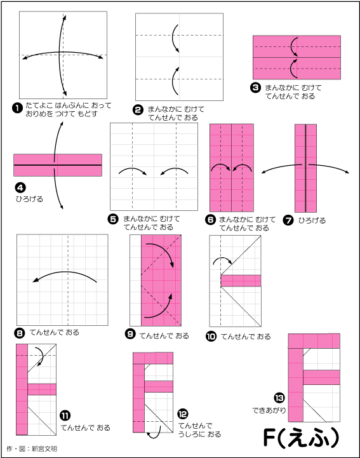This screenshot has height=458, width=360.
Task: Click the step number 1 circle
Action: (17, 108)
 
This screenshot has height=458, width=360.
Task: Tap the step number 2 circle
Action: (138, 110)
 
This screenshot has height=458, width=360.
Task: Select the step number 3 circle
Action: (255, 88)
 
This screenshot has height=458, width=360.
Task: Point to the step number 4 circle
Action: (20, 188)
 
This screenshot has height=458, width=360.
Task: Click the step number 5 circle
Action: (113, 219)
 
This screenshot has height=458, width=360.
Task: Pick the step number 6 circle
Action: (210, 220)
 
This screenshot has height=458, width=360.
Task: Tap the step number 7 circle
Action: (288, 220)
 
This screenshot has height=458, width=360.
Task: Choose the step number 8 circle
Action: (20, 333)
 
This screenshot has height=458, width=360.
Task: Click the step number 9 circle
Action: (130, 334)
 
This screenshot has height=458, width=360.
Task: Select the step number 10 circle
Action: (211, 337)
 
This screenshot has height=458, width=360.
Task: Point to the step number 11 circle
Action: (65, 415)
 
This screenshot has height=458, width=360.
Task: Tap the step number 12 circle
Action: (183, 414)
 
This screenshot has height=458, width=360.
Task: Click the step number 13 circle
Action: (279, 398)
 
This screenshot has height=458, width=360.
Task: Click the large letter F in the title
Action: (269, 438)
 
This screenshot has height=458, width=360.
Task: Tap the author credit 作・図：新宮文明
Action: (32, 448)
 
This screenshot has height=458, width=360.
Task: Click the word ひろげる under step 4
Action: (29, 199)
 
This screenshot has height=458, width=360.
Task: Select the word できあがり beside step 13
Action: (269, 410)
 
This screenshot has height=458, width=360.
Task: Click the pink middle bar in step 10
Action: (241, 281)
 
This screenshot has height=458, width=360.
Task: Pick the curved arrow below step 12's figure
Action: (155, 433)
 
